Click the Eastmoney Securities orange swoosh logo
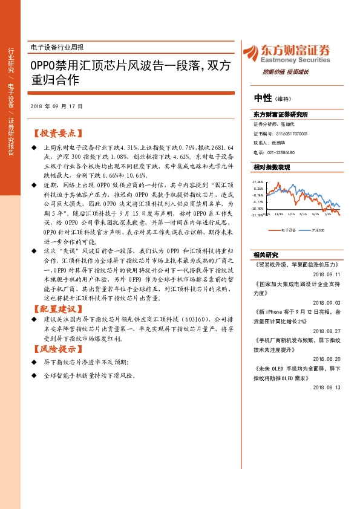247,52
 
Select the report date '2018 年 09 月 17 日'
56,106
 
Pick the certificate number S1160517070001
292,134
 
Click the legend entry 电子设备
288,230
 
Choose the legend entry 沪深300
318,230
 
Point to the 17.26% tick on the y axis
258,181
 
